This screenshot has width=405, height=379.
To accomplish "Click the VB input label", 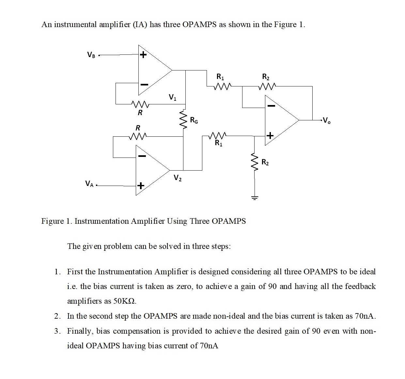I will point(91,55).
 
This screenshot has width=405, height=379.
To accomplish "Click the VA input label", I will point(89,184).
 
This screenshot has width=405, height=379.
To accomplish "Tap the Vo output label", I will point(326,120).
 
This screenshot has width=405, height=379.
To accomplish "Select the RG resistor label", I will point(194,120).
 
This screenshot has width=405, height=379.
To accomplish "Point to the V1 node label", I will point(172,97).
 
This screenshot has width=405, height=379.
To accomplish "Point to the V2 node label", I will point(178,178).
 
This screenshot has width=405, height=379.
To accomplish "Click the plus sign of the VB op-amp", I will point(143,55).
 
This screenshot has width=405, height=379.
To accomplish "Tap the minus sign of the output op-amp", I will point(271,106).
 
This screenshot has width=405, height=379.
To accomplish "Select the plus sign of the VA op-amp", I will point(140,186).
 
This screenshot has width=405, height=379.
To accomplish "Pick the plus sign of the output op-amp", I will point(270,135).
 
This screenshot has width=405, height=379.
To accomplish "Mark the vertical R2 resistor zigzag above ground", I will point(254,162).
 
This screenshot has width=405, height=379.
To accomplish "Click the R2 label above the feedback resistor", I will point(266,77).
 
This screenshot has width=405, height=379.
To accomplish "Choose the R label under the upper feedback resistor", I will point(140,113).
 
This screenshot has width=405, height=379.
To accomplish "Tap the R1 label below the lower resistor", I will point(219,143).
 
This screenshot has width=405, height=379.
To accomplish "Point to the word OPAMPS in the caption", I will point(228,221).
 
